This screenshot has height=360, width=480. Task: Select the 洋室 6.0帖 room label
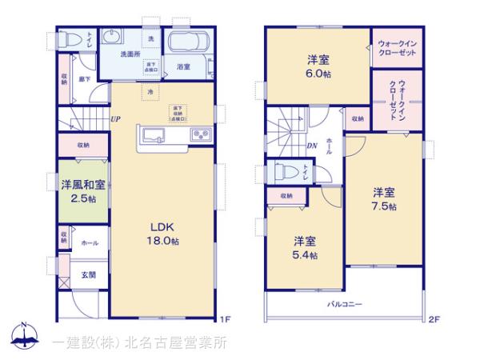tap(316, 66)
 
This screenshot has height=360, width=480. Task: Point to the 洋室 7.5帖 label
tap(382, 198)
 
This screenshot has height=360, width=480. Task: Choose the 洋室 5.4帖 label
tap(304, 247)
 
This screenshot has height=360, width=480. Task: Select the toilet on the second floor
tap(284, 171)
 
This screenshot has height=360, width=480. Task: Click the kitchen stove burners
tap(200, 133)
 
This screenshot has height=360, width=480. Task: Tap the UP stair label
tap(116, 120)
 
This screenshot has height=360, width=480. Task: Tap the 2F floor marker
tap(434, 319)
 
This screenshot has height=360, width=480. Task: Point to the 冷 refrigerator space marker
tap(150, 93)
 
